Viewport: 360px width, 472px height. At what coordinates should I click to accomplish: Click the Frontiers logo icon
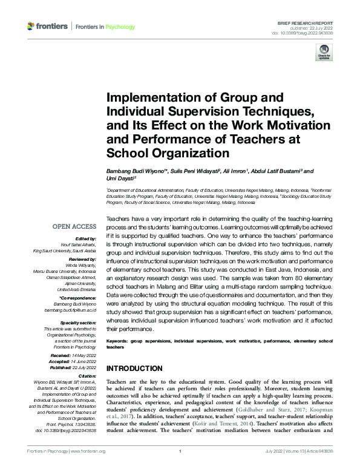31,26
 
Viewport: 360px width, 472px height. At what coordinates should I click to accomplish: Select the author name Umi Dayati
120,179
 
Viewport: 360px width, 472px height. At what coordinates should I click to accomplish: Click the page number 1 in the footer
180,451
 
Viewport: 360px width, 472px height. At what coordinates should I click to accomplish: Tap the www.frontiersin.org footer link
89,451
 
